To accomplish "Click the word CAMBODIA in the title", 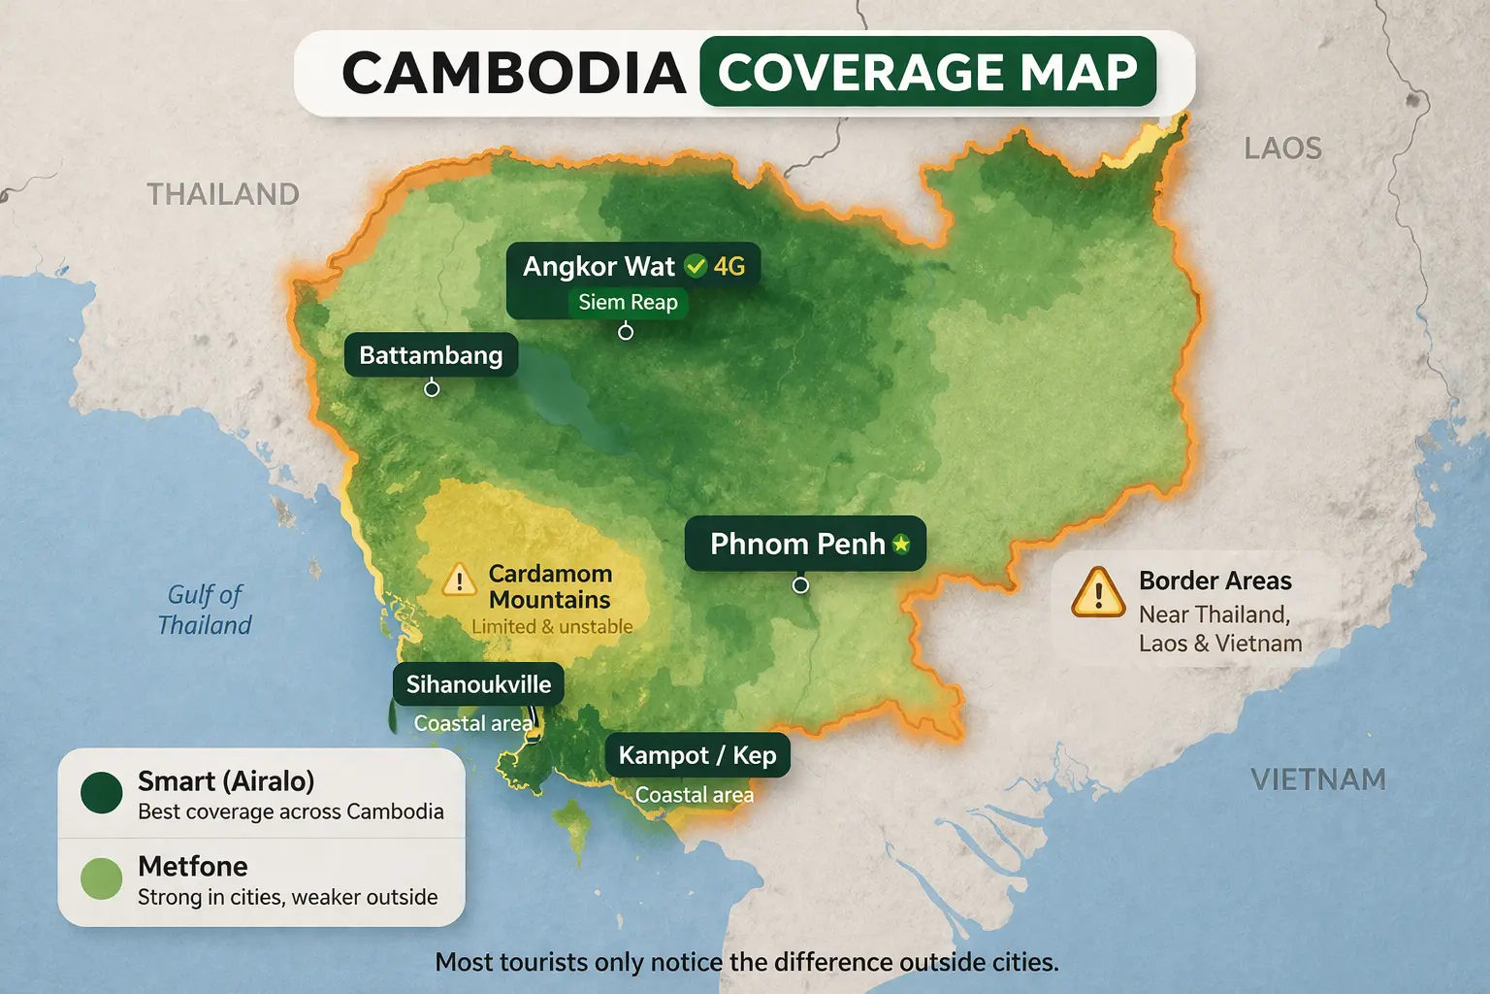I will coord(514,74).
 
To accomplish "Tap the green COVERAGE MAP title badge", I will coord(927,72).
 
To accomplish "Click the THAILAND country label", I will coord(223,194).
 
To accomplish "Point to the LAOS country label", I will coord(1282,149).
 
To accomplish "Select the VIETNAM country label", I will coord(1317,779).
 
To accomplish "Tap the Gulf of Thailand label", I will coord(205,610).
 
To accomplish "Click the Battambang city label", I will coord(431,355).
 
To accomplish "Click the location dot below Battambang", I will coord(432,389).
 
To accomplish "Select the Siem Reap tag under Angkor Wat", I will coord(628,302).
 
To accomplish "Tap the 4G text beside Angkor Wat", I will coord(729,266).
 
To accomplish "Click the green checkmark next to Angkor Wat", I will coord(696,266).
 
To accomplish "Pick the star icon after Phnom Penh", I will coord(901,544).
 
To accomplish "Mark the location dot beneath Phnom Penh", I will coord(800,585).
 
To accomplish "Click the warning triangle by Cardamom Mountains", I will coord(458,580).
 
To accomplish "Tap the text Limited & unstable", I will coord(552,627).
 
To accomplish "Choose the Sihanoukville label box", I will coord(478,684).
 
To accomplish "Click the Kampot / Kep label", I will coord(697,755).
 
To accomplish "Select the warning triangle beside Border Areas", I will coord(1098,593).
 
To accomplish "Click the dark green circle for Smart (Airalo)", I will coord(102,793).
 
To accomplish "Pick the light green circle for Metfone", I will coord(102,878).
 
